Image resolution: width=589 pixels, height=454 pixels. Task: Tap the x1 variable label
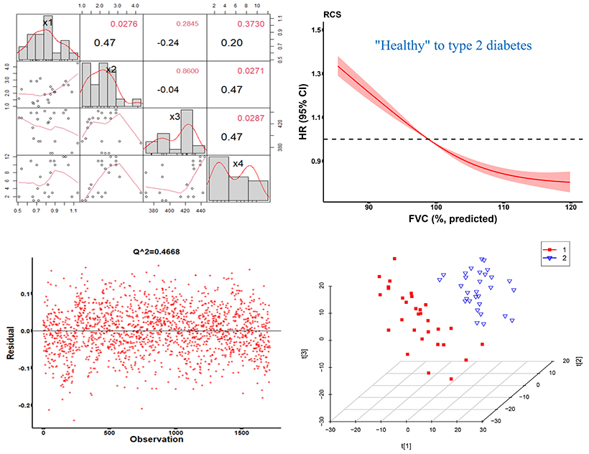(x=48, y=23)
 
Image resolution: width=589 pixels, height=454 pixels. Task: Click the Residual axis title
(x=9, y=344)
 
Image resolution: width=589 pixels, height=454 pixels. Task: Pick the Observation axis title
(x=151, y=438)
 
